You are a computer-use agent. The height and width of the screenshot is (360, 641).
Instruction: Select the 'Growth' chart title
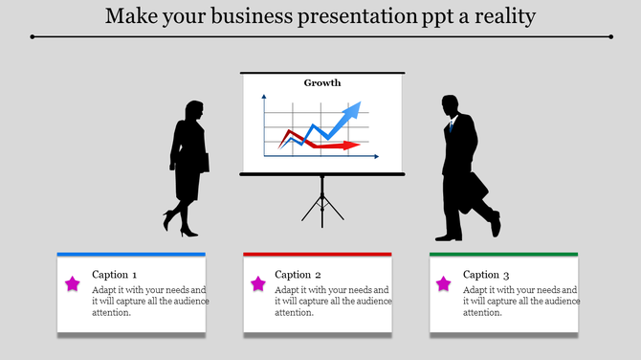click(322, 82)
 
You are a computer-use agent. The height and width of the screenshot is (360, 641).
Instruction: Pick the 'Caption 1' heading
click(114, 275)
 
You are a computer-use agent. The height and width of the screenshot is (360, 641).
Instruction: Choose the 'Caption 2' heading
click(298, 275)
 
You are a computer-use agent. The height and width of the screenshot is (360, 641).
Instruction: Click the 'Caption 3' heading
click(486, 275)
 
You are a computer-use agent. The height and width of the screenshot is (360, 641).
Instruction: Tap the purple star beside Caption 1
click(73, 283)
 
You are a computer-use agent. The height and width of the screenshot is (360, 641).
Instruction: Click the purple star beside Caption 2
click(257, 283)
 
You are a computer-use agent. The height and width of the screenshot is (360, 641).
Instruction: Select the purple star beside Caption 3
click(443, 283)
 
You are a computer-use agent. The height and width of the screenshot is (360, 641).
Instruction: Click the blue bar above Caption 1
click(131, 254)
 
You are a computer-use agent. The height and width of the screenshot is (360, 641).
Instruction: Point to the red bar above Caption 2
click(318, 254)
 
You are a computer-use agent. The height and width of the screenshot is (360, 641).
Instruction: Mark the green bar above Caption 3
click(503, 254)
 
